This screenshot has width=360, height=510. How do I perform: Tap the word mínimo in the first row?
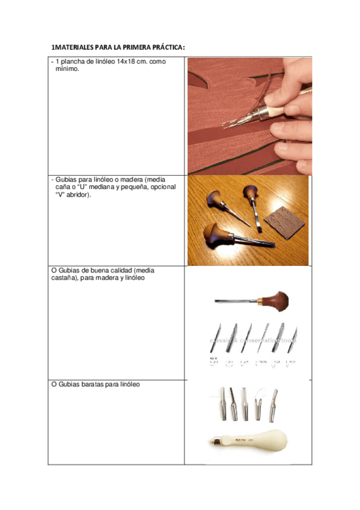67,69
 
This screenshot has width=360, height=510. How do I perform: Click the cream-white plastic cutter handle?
246,441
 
